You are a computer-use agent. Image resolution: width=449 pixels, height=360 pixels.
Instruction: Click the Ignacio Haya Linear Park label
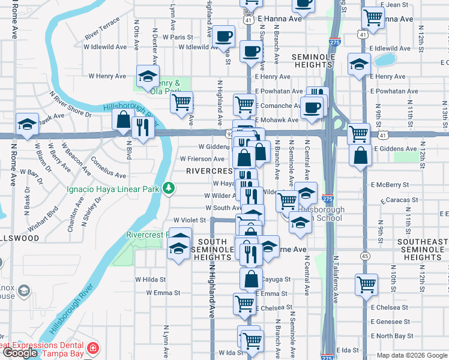(113, 188)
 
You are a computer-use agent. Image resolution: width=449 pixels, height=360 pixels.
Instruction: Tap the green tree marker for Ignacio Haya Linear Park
(170, 188)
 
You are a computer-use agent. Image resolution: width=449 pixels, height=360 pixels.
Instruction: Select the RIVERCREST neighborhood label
(209, 171)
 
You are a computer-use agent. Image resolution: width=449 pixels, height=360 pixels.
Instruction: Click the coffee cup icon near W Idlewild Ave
(224, 35)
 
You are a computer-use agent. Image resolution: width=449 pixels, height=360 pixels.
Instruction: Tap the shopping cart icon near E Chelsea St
(244, 304)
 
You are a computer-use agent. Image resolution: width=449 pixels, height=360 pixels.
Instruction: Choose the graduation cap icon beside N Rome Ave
(27, 123)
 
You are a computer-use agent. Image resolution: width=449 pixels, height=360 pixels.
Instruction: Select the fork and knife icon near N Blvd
(142, 128)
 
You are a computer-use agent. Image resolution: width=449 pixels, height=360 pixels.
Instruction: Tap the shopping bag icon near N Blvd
(123, 120)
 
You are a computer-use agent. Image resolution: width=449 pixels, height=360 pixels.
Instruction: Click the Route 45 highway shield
(365, 256)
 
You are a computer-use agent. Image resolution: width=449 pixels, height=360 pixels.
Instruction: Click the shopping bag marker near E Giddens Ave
(360, 155)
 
